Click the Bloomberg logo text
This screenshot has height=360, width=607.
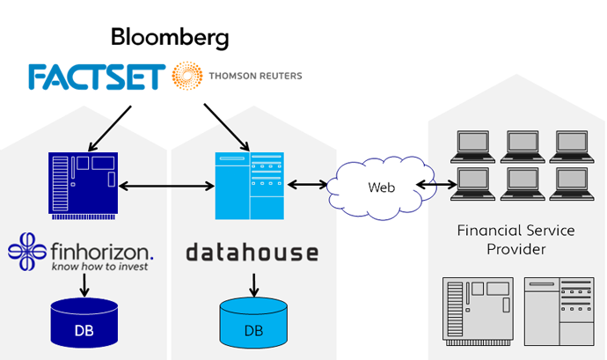[x=169, y=37]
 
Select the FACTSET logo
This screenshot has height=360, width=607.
[x=96, y=77]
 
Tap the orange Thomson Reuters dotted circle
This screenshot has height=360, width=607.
[x=186, y=77]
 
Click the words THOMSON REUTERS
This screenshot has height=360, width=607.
[x=255, y=77]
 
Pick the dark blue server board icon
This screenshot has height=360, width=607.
[x=83, y=183]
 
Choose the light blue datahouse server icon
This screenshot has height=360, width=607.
[x=250, y=185]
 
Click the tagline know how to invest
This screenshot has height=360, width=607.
[x=99, y=266]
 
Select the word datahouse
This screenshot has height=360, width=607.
[x=252, y=253]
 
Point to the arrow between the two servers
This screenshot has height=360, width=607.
[x=166, y=186]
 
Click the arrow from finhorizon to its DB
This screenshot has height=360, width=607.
[x=84, y=283]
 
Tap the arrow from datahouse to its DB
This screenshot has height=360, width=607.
[x=253, y=284]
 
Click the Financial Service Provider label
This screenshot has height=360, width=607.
[x=516, y=239]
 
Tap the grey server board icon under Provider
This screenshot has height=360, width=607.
[x=479, y=310]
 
